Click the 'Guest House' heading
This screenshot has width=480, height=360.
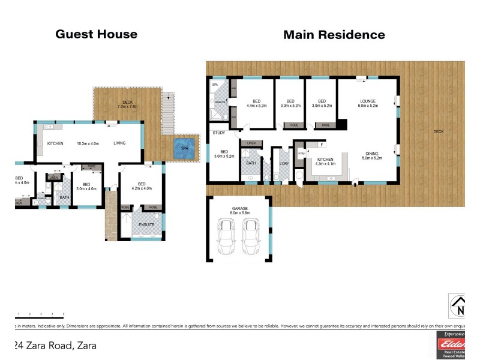96,34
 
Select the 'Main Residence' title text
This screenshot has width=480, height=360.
334,35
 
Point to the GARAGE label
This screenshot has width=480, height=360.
240,209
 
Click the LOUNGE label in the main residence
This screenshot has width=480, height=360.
367,101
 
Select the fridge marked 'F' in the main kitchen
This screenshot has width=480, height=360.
322,145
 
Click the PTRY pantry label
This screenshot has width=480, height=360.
301,152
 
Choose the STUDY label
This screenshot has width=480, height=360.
217,133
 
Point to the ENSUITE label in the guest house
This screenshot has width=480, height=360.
146,224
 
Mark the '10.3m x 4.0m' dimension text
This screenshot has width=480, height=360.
87,143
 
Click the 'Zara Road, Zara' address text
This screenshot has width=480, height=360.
55,346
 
